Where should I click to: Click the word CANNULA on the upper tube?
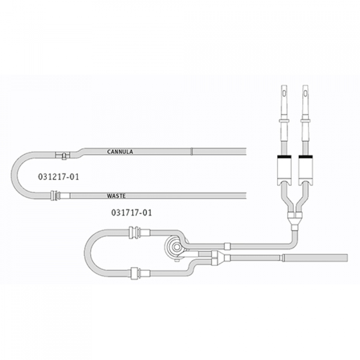coord(120,152)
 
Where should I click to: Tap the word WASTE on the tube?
coord(116,196)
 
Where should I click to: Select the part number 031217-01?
coord(59,177)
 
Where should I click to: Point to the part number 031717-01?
coord(131,212)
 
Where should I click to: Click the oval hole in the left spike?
coord(284,93)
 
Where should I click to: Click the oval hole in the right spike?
coord(305,93)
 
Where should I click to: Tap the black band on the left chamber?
coord(284,157)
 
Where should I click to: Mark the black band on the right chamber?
coord(305,157)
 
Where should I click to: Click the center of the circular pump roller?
coord(176,247)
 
